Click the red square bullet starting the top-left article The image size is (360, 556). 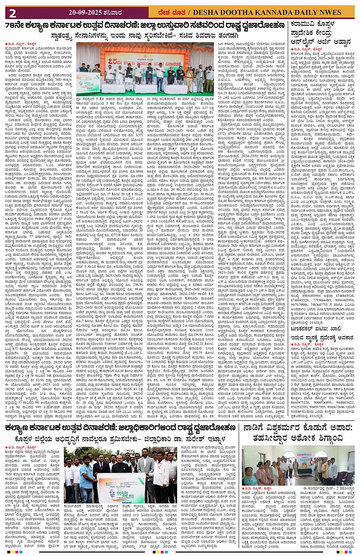(6, 44)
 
